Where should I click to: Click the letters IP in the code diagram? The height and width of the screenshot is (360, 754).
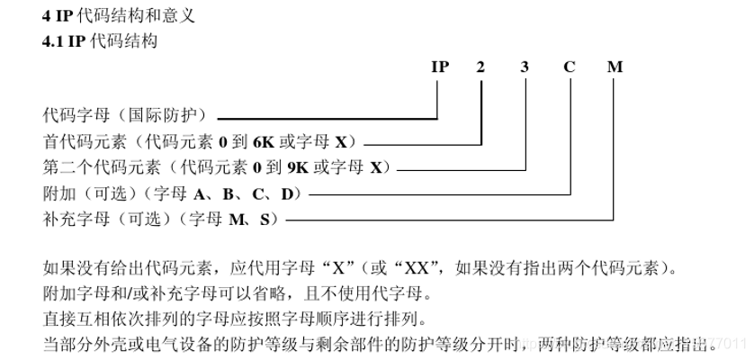(439, 67)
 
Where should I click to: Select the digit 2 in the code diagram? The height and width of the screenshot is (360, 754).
(482, 67)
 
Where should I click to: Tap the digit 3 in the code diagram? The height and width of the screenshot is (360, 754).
(525, 67)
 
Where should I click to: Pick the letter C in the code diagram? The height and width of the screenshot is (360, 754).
(570, 67)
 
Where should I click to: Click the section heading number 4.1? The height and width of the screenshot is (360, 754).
(53, 40)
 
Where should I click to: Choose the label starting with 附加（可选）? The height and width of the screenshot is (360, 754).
(172, 193)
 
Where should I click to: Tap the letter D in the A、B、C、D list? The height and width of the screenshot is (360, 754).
(287, 193)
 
